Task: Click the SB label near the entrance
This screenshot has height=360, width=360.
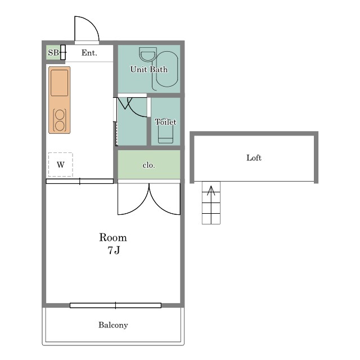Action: (x=53, y=53)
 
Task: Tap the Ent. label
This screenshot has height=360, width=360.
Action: (x=89, y=53)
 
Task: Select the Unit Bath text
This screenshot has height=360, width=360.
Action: (x=148, y=69)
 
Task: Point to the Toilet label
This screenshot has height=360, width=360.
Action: (x=165, y=122)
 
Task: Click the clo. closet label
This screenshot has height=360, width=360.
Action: (x=148, y=165)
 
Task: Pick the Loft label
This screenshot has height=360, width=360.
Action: (x=254, y=157)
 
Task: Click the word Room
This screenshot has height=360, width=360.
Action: (x=113, y=237)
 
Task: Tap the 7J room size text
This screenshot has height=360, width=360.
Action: (x=114, y=250)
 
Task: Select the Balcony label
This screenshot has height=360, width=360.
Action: (x=113, y=325)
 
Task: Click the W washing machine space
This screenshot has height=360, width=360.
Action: (x=61, y=165)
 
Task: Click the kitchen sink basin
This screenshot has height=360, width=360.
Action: (x=60, y=83)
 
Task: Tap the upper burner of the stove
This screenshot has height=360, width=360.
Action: (x=60, y=115)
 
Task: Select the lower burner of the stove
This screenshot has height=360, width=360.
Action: (x=60, y=126)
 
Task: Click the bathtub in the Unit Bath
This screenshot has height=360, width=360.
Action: (x=167, y=69)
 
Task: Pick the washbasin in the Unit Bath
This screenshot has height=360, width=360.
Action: (x=148, y=55)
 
